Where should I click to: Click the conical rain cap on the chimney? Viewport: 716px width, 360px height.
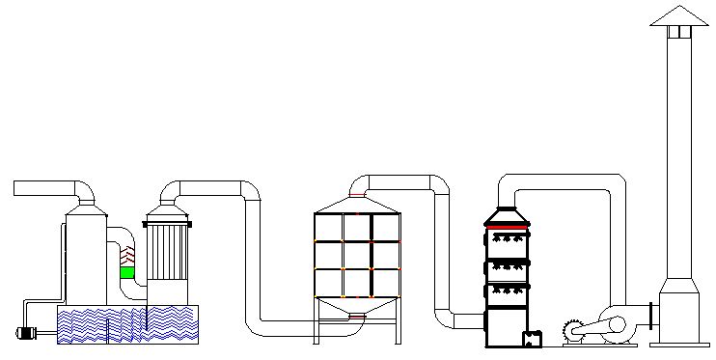click(x=678, y=16)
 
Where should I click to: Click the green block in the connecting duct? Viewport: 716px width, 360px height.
click(x=126, y=272)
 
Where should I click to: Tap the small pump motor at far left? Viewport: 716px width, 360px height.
click(x=26, y=334)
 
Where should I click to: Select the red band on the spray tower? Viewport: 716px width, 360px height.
click(x=507, y=227)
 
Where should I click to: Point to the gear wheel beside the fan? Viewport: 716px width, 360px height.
click(x=573, y=329)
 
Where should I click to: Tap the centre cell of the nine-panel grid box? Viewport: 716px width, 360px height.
click(x=357, y=254)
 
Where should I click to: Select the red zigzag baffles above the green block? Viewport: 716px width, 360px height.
click(x=126, y=256)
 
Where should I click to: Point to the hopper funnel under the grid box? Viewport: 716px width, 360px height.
click(x=357, y=308)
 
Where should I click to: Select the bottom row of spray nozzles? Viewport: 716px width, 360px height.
click(x=508, y=290)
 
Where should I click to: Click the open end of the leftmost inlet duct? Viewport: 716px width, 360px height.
click(x=16, y=188)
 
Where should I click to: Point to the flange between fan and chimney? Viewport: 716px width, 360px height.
click(x=654, y=316)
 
